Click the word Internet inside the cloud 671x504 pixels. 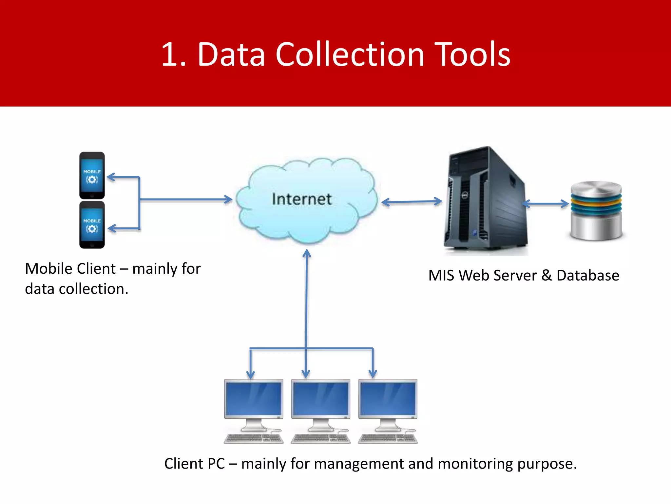point(301,199)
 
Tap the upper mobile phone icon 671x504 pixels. point(92,175)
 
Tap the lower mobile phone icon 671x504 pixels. point(92,225)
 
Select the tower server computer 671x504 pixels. point(485,200)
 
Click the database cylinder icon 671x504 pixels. point(596,210)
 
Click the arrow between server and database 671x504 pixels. point(546,204)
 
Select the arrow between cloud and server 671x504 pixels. point(412,202)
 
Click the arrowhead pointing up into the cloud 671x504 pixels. point(307,253)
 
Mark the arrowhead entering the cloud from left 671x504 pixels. point(228,199)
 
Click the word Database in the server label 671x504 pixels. point(588,275)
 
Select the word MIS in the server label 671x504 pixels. point(441,275)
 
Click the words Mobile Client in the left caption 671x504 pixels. point(70,269)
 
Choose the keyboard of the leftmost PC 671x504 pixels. point(253,438)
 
